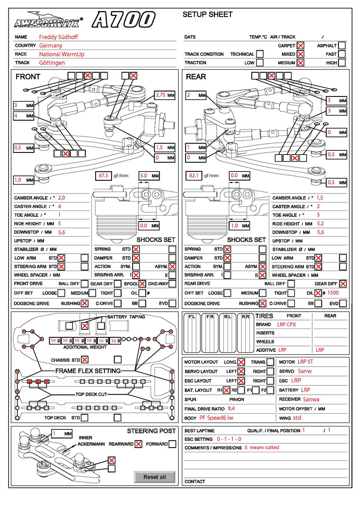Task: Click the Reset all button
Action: [155, 477]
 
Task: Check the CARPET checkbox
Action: [300, 45]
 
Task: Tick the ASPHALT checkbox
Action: [342, 45]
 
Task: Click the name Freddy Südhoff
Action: [58, 37]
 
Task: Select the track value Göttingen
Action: [52, 63]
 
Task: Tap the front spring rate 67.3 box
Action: [103, 175]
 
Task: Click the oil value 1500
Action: [333, 293]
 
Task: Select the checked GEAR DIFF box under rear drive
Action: [343, 284]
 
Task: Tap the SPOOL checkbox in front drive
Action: [142, 284]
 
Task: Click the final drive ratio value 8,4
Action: [231, 409]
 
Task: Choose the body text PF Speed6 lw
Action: [216, 418]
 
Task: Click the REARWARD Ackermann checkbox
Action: [138, 444]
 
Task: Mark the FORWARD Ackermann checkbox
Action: [172, 444]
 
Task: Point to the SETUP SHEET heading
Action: [208, 14]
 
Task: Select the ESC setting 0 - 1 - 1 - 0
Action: [229, 439]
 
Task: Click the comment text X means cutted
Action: [262, 448]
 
